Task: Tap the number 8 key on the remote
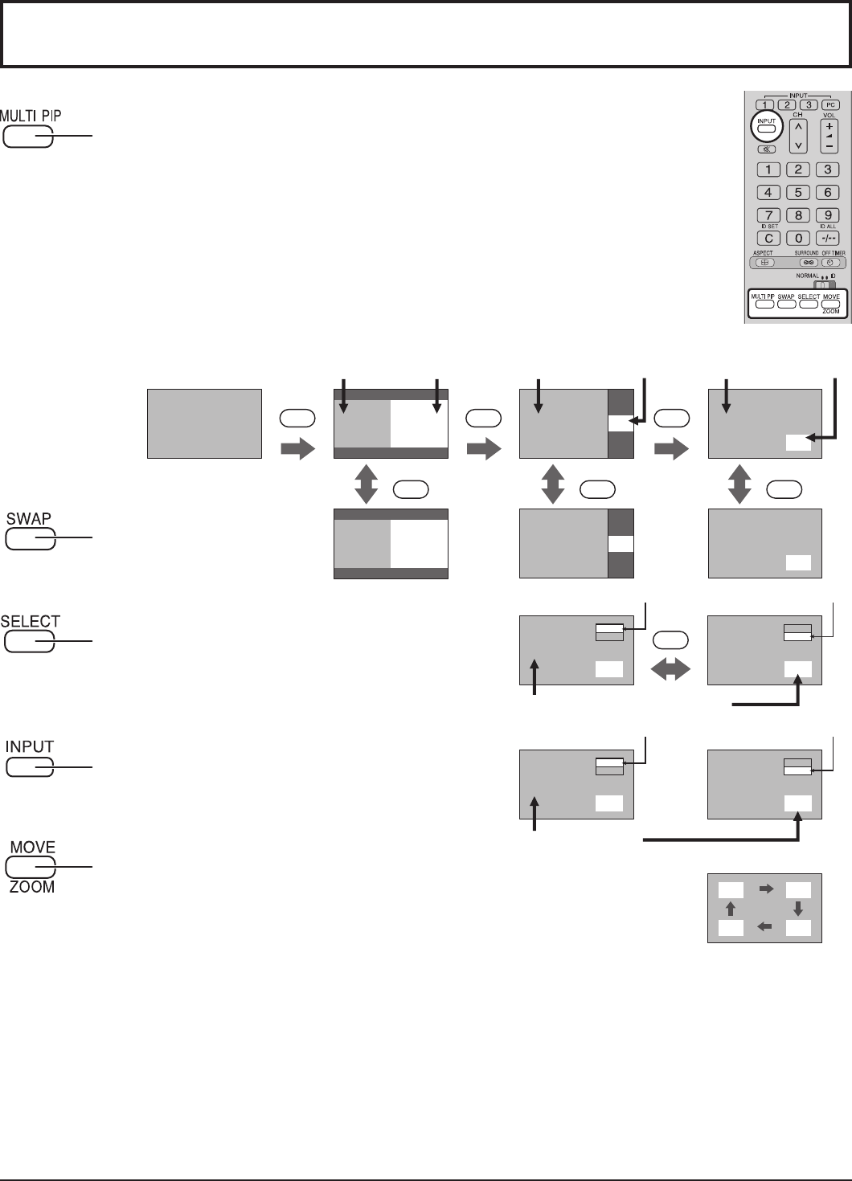click(797, 215)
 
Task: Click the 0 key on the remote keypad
click(797, 239)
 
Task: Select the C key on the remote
click(768, 239)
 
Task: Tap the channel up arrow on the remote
click(797, 126)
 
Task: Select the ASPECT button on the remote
click(765, 262)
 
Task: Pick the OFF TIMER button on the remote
click(834, 262)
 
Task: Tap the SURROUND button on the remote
click(809, 262)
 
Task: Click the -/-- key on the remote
click(828, 239)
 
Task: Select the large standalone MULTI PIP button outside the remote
click(29, 138)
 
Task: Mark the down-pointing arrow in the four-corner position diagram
click(797, 909)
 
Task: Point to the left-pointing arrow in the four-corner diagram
click(764, 927)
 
